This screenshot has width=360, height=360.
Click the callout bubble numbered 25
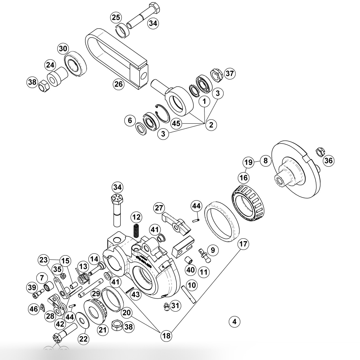point(116,18)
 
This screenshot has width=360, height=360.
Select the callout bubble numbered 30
point(63,49)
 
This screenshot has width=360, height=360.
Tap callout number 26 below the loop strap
point(118,84)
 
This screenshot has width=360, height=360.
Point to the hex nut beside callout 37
point(216,74)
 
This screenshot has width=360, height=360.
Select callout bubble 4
point(234,321)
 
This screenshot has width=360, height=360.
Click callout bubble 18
point(166,335)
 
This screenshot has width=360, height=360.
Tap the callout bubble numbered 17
point(243,244)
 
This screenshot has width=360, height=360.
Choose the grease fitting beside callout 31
point(167,306)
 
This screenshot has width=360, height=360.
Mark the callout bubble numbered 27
point(159,208)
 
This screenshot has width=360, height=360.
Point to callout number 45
point(176,123)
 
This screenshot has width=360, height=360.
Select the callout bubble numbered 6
point(130,120)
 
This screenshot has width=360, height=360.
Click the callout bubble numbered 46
point(33,309)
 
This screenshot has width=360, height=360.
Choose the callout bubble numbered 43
point(136,295)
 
